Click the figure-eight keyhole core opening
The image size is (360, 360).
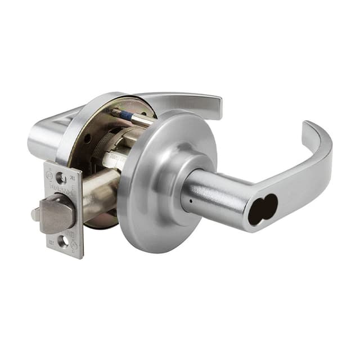263,209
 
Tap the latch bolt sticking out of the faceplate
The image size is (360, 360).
58,214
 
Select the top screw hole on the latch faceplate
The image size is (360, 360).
60,178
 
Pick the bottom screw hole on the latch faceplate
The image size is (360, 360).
62,242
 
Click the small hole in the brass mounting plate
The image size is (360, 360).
88,138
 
